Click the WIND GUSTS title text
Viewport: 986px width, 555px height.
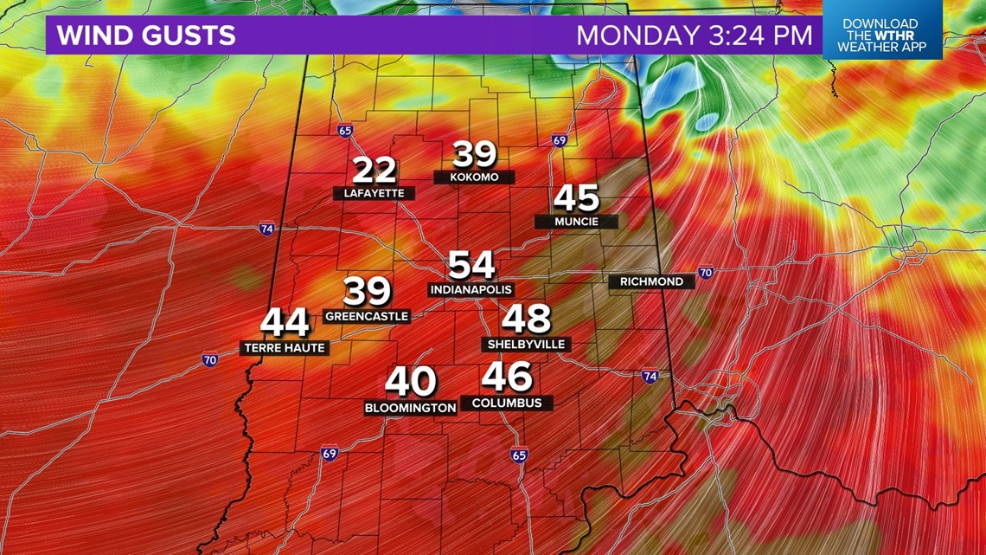pyautogui.click(x=146, y=35)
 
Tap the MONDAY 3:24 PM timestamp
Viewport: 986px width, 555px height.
pyautogui.click(x=695, y=35)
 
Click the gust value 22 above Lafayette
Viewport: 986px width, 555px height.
pyautogui.click(x=375, y=171)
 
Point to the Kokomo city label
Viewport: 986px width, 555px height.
pyautogui.click(x=475, y=177)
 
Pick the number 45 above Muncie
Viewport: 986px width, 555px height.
pyautogui.click(x=576, y=198)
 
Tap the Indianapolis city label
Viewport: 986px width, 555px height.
pyautogui.click(x=471, y=289)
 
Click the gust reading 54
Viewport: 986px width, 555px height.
pyautogui.click(x=471, y=265)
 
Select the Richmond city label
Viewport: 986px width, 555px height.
pyautogui.click(x=651, y=281)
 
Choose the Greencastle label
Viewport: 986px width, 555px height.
pyautogui.click(x=366, y=317)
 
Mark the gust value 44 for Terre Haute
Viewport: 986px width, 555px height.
pyautogui.click(x=285, y=323)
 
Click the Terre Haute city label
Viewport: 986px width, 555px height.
pyautogui.click(x=284, y=348)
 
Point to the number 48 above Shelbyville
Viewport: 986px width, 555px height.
pyautogui.click(x=526, y=319)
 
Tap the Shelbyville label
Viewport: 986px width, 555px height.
pyautogui.click(x=526, y=345)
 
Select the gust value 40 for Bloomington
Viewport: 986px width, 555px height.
pyautogui.click(x=411, y=382)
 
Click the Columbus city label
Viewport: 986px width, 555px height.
pyautogui.click(x=507, y=403)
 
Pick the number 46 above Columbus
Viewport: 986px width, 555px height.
pyautogui.click(x=507, y=377)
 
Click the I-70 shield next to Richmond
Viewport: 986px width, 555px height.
pyautogui.click(x=706, y=273)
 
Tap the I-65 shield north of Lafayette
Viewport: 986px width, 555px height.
pyautogui.click(x=345, y=131)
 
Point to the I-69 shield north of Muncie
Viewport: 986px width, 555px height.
pyautogui.click(x=559, y=140)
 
